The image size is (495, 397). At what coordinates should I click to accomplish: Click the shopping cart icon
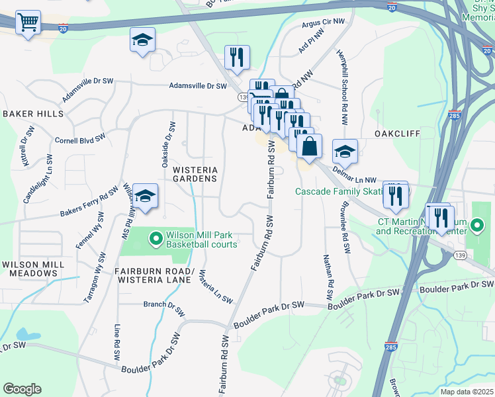pos(28,23)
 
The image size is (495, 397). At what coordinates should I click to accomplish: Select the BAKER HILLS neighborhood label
pos(33,114)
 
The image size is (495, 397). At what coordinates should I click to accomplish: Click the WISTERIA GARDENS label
pos(195,173)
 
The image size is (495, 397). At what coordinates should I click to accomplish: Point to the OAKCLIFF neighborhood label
pos(397,133)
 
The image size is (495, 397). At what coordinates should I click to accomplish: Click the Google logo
pos(22,389)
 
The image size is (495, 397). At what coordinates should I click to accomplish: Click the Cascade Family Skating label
pos(339,191)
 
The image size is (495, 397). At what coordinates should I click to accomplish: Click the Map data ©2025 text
pos(468,392)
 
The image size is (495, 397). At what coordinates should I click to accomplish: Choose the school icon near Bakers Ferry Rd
pos(146,195)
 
